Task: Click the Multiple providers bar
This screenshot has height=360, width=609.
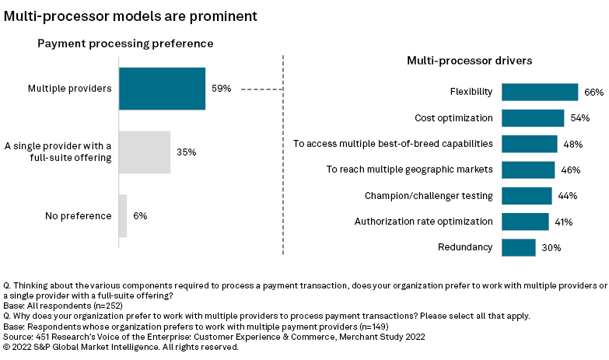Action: tap(162, 88)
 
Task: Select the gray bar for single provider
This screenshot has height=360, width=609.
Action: tap(144, 152)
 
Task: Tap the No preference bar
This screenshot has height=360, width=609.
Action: tap(122, 215)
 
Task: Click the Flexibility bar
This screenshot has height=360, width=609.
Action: tap(539, 92)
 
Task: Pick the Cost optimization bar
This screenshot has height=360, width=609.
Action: tap(532, 117)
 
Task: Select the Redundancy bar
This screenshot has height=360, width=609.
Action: tap(518, 247)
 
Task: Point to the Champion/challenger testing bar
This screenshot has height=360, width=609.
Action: tap(527, 195)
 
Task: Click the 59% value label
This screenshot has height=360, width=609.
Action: tap(221, 89)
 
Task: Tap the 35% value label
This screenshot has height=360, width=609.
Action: tap(186, 152)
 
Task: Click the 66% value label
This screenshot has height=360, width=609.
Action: tap(593, 93)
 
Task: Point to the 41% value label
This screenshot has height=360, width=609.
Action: tap(563, 222)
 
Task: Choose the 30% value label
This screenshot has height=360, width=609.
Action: tap(551, 248)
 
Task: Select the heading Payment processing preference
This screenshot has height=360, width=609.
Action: tap(125, 44)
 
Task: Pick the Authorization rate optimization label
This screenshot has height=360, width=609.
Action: tap(423, 222)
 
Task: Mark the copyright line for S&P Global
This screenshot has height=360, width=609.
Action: tap(121, 348)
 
